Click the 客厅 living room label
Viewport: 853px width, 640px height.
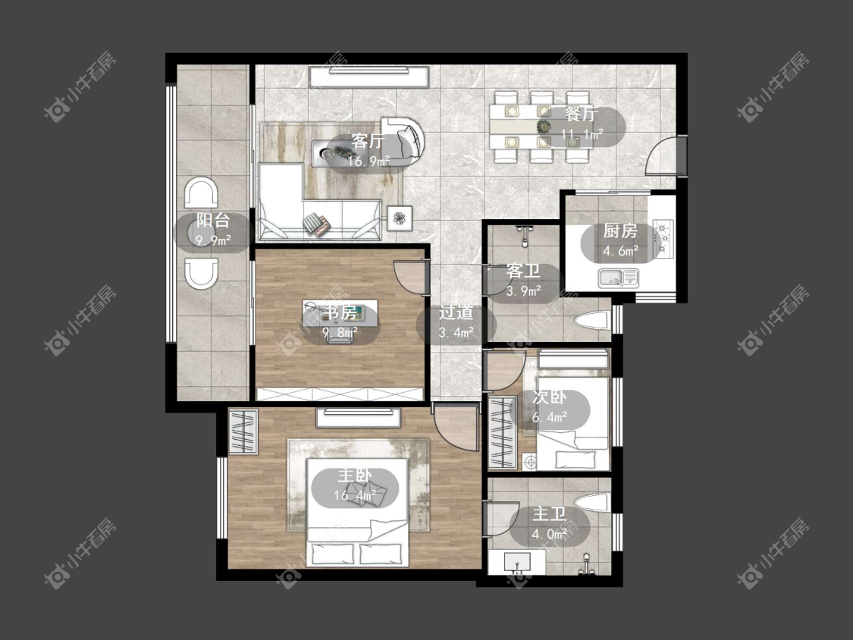pyautogui.click(x=368, y=142)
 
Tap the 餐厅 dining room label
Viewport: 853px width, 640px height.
pyautogui.click(x=581, y=115)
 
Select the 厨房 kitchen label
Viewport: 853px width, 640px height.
pyautogui.click(x=620, y=231)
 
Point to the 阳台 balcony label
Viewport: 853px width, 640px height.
pyautogui.click(x=213, y=221)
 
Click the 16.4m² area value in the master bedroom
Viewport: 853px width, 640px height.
pyautogui.click(x=356, y=496)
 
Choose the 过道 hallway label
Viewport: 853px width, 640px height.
pyautogui.click(x=456, y=313)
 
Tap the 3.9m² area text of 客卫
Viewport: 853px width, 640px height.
pyautogui.click(x=523, y=291)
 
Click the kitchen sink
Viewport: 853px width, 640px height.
pyautogui.click(x=618, y=278)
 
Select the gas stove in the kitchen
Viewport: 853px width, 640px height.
pyautogui.click(x=663, y=237)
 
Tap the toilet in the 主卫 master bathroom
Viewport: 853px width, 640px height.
pyautogui.click(x=594, y=504)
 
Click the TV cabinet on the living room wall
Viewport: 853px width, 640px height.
pyautogui.click(x=369, y=77)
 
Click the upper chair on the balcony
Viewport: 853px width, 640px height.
pyautogui.click(x=201, y=193)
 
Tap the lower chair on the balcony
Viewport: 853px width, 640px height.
pyautogui.click(x=201, y=273)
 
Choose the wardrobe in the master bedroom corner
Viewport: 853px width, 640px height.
pyautogui.click(x=243, y=431)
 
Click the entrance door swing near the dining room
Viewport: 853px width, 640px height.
pyautogui.click(x=665, y=155)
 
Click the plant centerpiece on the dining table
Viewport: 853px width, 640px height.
pyautogui.click(x=544, y=127)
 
